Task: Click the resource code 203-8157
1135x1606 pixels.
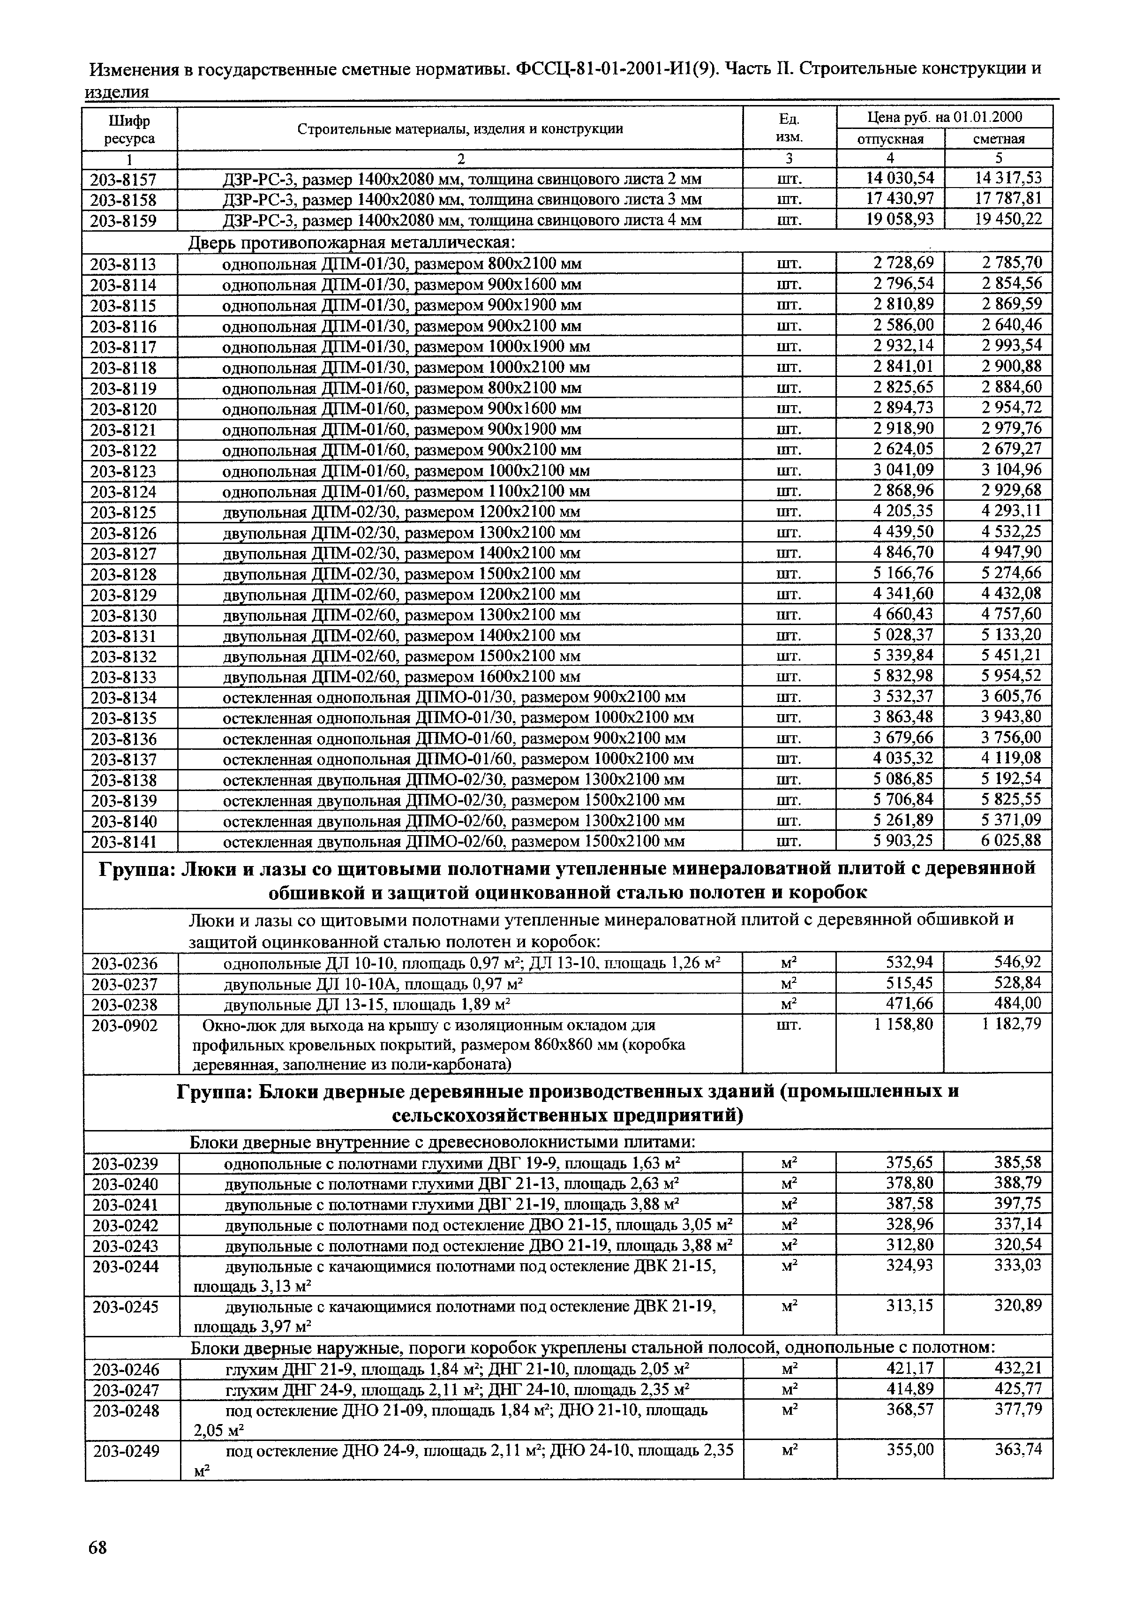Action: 123,180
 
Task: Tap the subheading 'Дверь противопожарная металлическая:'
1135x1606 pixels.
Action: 351,242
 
